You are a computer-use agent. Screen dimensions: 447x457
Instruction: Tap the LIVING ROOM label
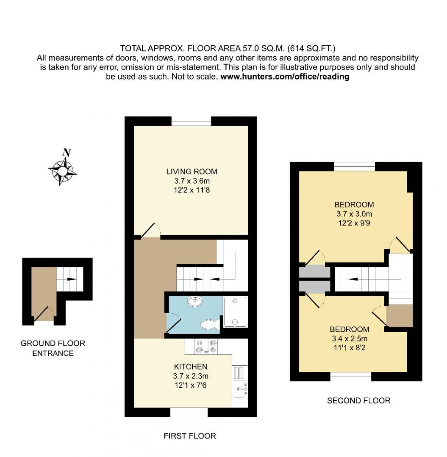[192, 171]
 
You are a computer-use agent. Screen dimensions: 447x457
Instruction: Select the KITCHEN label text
[191, 366]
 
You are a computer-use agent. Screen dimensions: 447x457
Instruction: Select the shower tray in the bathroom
[235, 312]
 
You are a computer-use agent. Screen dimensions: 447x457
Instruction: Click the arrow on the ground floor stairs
[70, 279]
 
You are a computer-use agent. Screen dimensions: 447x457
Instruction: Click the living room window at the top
[191, 121]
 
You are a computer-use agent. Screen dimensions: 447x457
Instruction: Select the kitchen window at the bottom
[189, 412]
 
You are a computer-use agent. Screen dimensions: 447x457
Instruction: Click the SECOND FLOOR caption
[359, 400]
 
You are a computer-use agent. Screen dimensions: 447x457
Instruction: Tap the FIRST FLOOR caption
[190, 436]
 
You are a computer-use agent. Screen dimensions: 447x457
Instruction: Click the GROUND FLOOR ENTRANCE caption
[53, 348]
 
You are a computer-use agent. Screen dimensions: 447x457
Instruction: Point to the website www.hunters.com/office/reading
[285, 77]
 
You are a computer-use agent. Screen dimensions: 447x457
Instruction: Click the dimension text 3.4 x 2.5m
[350, 339]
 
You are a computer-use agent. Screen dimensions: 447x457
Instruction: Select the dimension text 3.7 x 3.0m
[354, 214]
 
